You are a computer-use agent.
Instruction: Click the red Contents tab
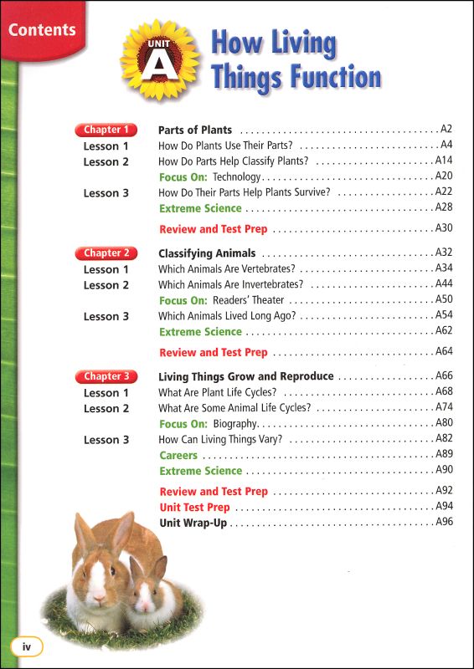42,31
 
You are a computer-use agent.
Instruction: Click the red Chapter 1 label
106,130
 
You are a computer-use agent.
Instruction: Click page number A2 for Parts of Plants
446,130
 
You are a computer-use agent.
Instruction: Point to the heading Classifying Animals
207,253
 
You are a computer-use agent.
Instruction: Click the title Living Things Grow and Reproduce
246,376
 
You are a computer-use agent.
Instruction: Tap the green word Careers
178,456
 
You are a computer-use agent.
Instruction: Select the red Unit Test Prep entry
194,508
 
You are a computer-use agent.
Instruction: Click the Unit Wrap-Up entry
193,523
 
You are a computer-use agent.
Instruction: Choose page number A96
444,523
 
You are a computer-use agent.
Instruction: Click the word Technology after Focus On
237,177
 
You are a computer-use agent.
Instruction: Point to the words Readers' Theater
249,300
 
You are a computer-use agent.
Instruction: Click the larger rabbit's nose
96,596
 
